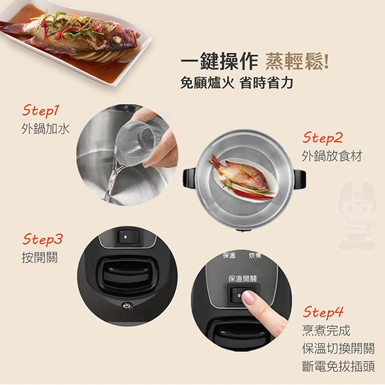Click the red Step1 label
[41, 111]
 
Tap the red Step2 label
[322, 138]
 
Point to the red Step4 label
[323, 312]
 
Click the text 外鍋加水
[46, 129]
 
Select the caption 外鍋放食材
[332, 156]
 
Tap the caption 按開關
[40, 257]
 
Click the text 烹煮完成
[326, 331]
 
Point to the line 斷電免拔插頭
[338, 366]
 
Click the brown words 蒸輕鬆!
[297, 62]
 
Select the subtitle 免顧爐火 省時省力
[236, 83]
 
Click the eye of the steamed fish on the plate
[116, 40]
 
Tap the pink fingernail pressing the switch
[249, 297]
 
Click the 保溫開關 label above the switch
[242, 279]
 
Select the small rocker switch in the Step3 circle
[126, 237]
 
